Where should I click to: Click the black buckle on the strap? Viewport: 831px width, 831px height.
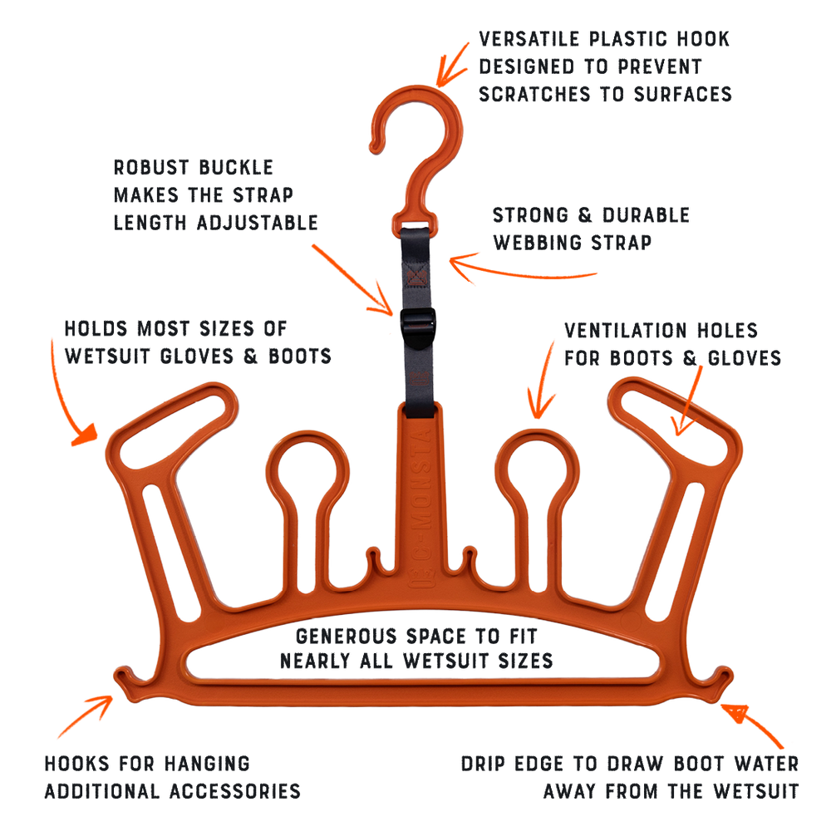[418, 328]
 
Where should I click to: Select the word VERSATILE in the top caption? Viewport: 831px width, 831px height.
[529, 39]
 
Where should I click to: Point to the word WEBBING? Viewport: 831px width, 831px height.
[537, 243]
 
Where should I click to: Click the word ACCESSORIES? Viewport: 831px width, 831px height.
[235, 791]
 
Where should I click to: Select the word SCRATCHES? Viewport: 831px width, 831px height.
[534, 95]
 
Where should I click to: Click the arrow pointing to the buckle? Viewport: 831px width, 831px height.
[352, 280]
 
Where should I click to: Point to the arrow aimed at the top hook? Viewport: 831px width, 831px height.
[452, 65]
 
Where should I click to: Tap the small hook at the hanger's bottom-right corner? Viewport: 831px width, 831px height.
[720, 679]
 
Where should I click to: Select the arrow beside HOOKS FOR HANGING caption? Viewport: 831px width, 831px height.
[86, 716]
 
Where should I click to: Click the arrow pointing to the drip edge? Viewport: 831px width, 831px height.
[751, 725]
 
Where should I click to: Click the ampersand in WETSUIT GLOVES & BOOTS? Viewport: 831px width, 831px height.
[251, 356]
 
